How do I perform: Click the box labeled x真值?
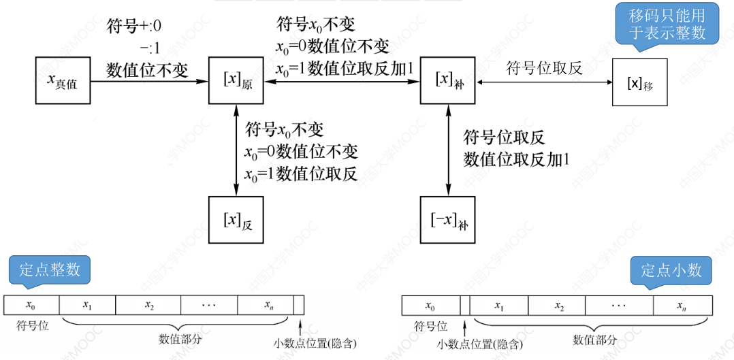click(x=62, y=81)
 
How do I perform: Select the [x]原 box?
click(x=236, y=81)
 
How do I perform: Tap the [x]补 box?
click(x=447, y=81)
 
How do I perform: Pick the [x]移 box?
click(x=639, y=82)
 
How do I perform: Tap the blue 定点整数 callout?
click(x=50, y=269)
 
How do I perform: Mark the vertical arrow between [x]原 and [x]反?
click(x=236, y=150)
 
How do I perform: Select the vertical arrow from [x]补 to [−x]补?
click(x=448, y=150)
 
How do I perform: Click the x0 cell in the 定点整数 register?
click(x=31, y=304)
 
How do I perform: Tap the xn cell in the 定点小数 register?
click(x=682, y=305)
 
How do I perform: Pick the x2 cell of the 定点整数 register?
click(x=149, y=304)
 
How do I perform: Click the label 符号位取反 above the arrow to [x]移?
click(x=545, y=67)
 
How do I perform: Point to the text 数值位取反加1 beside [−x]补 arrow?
click(x=516, y=159)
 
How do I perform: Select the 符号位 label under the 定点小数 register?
click(x=430, y=326)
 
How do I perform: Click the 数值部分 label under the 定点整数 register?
click(x=180, y=338)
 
